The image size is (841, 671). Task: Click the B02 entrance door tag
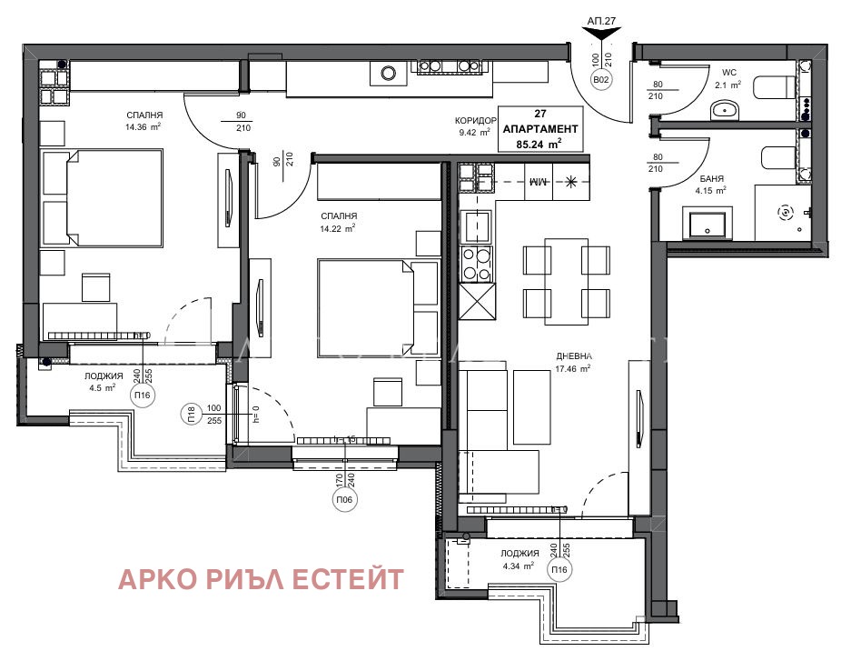(601, 80)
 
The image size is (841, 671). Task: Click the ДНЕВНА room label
(574, 357)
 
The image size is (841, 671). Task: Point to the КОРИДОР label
(476, 121)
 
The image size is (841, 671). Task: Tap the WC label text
(728, 72)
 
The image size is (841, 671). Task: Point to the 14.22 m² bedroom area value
(337, 227)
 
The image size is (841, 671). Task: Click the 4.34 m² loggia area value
(519, 566)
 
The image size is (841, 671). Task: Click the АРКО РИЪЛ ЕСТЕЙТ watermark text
(262, 579)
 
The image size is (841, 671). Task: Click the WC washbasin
(724, 110)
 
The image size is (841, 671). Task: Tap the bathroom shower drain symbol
(785, 212)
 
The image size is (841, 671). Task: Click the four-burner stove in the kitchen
(477, 264)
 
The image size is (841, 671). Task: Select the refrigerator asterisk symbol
(570, 182)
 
